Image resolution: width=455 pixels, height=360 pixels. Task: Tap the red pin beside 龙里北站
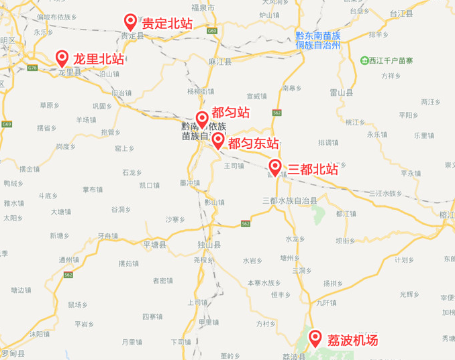(x=62, y=58)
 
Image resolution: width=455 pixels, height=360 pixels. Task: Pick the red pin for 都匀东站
(x=218, y=140)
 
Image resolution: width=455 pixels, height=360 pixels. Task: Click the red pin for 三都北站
(x=275, y=166)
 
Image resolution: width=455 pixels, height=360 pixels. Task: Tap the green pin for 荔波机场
(x=314, y=337)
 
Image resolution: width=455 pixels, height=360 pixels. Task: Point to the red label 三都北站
(x=312, y=169)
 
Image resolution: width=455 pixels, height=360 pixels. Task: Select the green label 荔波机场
(x=352, y=340)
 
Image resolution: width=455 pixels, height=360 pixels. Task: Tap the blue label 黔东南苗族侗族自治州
(x=319, y=40)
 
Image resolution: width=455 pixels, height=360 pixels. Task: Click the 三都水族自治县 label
(x=289, y=200)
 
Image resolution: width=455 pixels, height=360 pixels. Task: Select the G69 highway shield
(x=7, y=124)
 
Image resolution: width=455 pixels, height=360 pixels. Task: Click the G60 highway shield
(x=212, y=31)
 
